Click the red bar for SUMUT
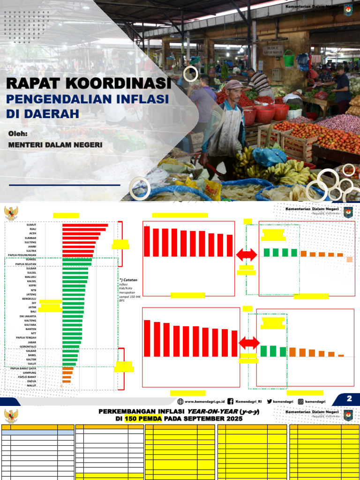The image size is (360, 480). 85,225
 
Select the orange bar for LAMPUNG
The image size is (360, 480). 67,373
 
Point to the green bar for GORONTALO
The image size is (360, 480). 71,346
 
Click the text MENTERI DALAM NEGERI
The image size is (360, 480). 55,145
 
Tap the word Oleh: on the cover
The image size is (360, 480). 18,134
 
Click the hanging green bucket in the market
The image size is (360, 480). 289,59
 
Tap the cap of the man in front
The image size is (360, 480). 234,85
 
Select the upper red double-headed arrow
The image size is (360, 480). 247,255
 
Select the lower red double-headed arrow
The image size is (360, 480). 249,343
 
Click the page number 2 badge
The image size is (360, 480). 349,399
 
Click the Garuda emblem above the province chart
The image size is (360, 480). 11,213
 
